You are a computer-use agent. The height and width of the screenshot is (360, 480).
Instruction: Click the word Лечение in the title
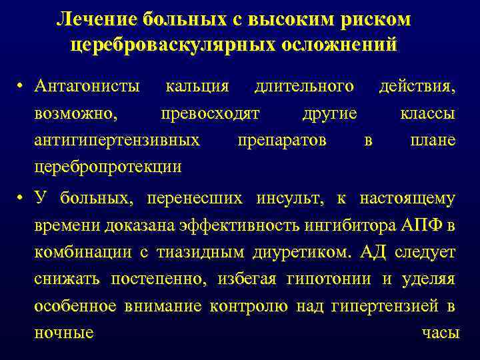pyautogui.click(x=96, y=20)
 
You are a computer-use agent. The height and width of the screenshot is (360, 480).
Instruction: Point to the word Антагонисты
pyautogui.click(x=87, y=86)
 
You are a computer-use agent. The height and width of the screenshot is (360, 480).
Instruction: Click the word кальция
pyautogui.click(x=197, y=86)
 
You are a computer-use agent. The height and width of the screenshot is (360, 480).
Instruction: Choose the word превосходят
pyautogui.click(x=211, y=113)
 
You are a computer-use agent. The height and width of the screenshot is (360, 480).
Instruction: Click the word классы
pyautogui.click(x=427, y=113)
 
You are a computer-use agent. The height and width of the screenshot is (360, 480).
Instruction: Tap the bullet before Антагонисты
pyautogui.click(x=22, y=87)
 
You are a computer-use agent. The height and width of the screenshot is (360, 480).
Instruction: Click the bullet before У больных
pyautogui.click(x=22, y=199)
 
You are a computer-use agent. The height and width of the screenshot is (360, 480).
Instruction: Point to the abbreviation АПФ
pyautogui.click(x=426, y=225)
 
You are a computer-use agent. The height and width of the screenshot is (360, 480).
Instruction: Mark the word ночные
pyautogui.click(x=63, y=333)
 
